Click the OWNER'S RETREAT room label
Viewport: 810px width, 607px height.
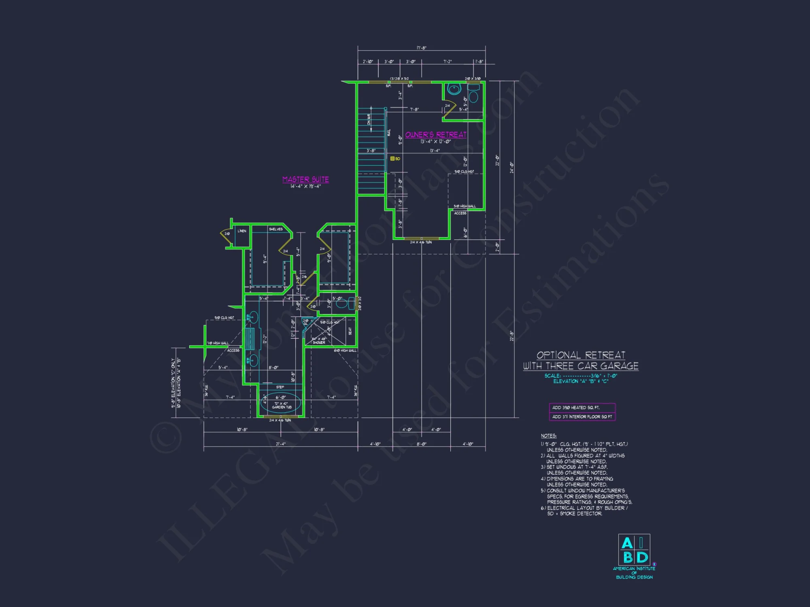pos(436,135)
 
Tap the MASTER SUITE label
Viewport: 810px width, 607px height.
pos(305,179)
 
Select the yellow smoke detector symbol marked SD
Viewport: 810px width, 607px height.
pos(392,159)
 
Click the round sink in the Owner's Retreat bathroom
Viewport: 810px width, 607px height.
pos(454,89)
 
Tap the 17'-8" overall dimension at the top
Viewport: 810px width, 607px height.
pos(421,48)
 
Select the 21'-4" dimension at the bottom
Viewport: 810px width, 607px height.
pos(281,444)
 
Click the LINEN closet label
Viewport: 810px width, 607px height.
pos(242,231)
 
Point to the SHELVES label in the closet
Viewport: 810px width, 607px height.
pos(276,229)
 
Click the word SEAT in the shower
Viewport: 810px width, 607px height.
pos(350,331)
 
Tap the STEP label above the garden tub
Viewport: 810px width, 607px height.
pos(280,387)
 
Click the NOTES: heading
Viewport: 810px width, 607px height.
pos(548,436)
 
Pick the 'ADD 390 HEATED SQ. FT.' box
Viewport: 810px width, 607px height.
pos(582,407)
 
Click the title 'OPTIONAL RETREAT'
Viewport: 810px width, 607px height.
pos(581,355)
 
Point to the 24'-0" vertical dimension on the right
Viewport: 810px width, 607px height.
pos(512,167)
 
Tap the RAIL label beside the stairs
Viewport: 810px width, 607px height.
pos(389,132)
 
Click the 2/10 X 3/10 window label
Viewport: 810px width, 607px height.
pos(473,79)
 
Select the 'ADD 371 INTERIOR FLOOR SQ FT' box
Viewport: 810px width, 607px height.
pos(582,417)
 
